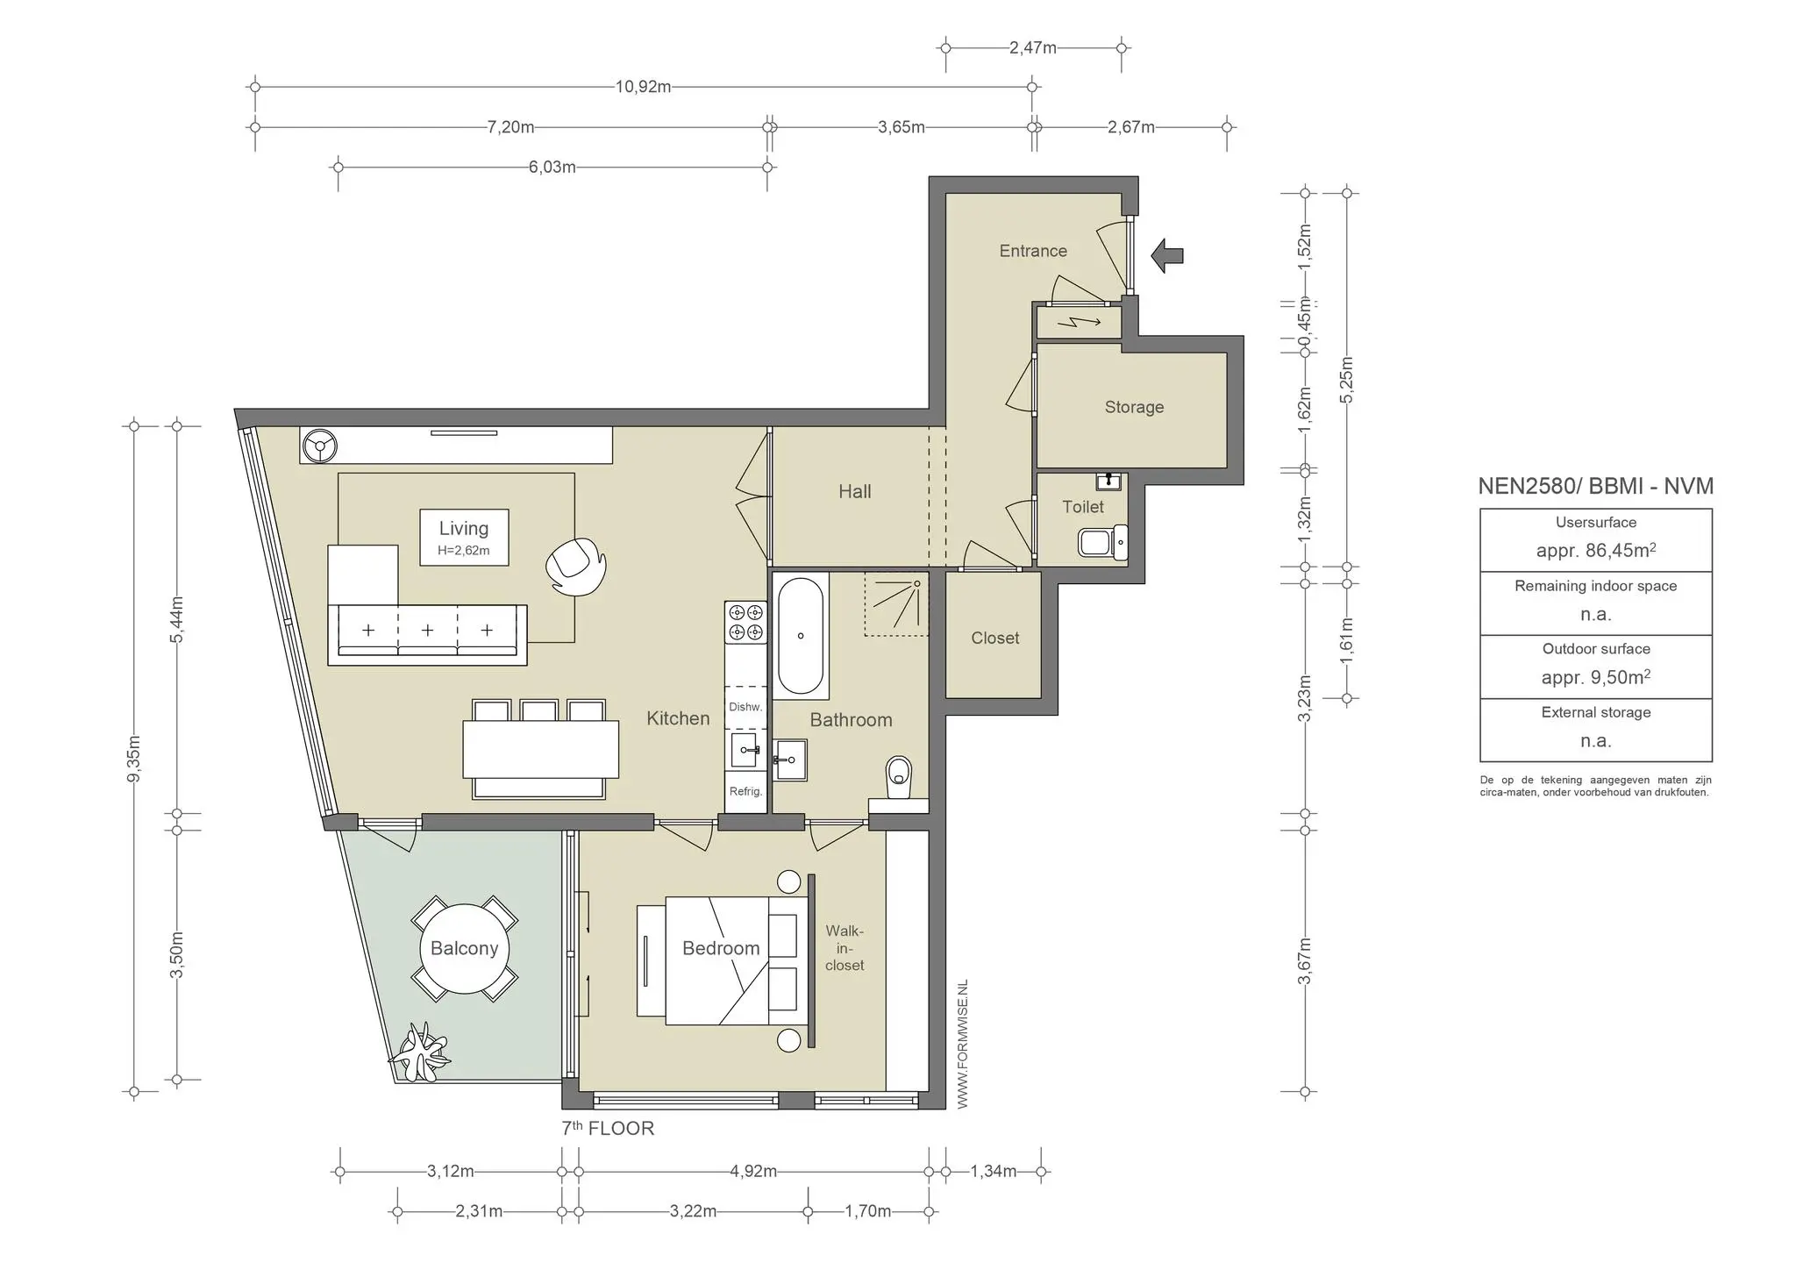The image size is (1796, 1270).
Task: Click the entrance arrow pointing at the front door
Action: [1167, 255]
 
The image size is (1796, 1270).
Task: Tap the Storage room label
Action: [1134, 407]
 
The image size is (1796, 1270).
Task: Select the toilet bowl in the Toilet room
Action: [1102, 543]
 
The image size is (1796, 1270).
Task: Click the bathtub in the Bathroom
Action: [800, 636]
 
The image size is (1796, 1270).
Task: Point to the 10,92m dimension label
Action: [644, 87]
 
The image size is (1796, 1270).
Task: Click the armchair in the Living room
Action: [575, 567]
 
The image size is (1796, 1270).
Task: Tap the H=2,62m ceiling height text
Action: [463, 551]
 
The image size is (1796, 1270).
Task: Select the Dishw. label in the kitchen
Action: [745, 707]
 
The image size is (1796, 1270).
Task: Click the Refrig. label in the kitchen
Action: [745, 791]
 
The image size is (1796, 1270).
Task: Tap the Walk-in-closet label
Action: [845, 948]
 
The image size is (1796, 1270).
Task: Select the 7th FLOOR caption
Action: [608, 1128]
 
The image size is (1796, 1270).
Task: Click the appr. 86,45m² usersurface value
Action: [1596, 550]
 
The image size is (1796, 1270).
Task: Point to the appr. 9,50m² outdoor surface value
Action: [1596, 677]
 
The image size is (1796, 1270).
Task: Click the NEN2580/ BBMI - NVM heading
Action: [1596, 486]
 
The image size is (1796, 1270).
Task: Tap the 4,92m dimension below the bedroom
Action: [753, 1171]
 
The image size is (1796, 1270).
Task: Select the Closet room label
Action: [995, 639]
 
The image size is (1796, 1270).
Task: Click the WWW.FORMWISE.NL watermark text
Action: [962, 1045]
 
